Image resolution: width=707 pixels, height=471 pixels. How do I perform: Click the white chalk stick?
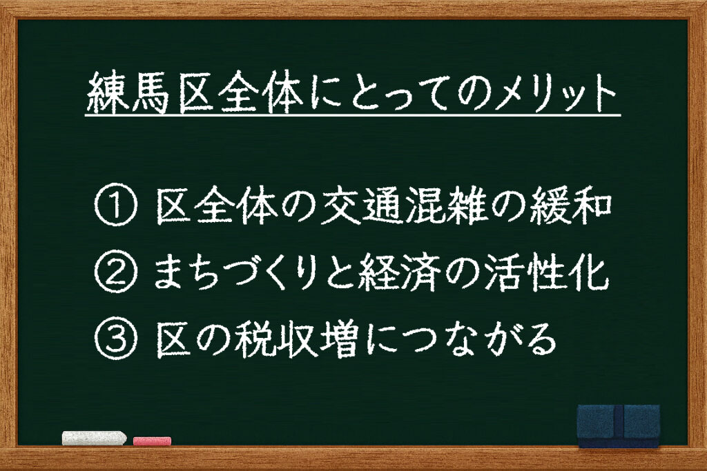(x=94, y=438)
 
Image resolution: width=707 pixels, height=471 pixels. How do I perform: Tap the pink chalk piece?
(x=153, y=441)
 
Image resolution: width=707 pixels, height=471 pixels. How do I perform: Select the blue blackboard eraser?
(x=619, y=426)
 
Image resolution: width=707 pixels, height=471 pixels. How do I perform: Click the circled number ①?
(x=115, y=204)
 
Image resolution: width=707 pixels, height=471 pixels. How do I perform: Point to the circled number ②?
(x=115, y=272)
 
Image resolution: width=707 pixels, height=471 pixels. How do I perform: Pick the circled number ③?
(x=115, y=338)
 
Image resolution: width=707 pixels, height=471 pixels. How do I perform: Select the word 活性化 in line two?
(x=545, y=272)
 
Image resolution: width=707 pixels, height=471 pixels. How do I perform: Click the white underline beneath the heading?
(x=353, y=116)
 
